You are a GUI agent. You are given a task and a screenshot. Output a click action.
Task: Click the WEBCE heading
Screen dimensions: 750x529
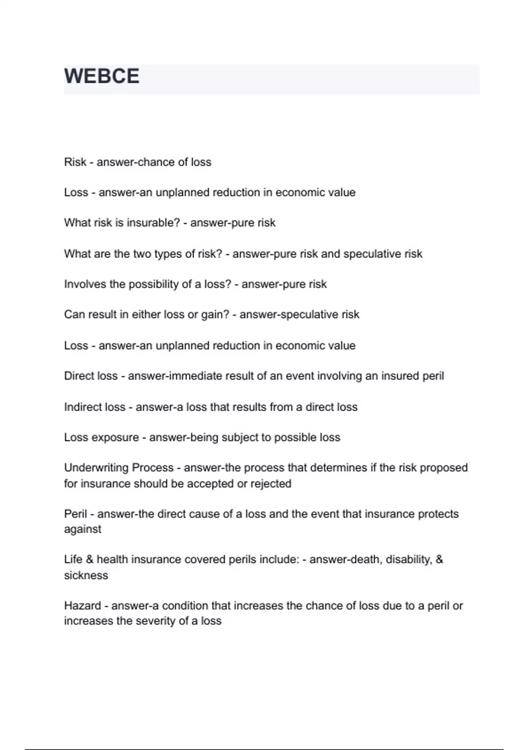tap(102, 76)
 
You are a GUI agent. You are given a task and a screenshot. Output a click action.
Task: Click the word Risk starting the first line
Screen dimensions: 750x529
tap(75, 162)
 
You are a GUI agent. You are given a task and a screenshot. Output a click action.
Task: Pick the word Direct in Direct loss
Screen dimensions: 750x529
tap(78, 376)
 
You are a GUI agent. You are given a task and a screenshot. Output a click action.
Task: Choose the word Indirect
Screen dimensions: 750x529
tap(82, 407)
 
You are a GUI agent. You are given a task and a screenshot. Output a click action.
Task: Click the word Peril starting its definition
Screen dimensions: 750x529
tap(75, 514)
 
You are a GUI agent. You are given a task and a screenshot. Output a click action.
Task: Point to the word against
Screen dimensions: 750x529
tap(82, 529)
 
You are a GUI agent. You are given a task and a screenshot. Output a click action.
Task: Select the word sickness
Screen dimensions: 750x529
tap(86, 576)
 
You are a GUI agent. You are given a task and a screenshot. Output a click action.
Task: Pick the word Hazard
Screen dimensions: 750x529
tap(82, 606)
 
